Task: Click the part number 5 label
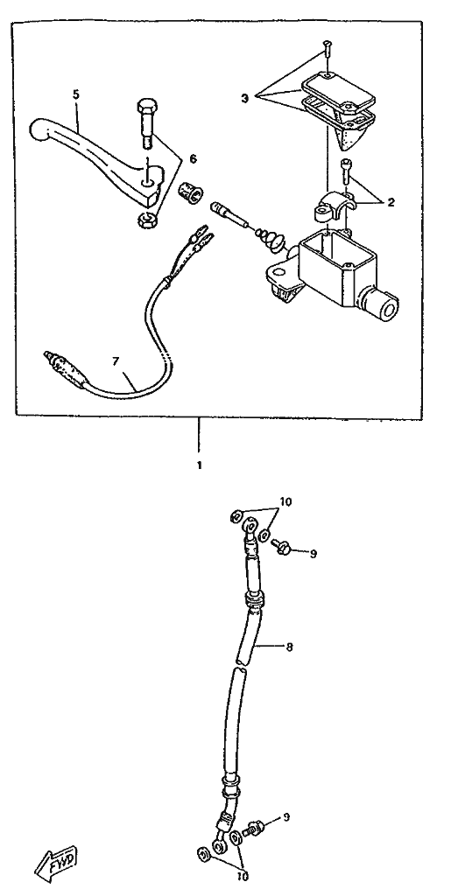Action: tap(76, 94)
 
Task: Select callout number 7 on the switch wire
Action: tap(116, 361)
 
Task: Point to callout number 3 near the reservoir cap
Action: tap(244, 98)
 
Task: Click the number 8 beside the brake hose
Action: tap(289, 647)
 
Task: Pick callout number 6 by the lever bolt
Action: tap(193, 160)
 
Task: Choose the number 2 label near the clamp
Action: tap(391, 202)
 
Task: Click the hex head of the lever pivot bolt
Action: tap(145, 106)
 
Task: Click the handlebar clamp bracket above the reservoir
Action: tap(334, 207)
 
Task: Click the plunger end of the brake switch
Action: tap(48, 357)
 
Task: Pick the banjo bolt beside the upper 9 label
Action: tap(281, 547)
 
